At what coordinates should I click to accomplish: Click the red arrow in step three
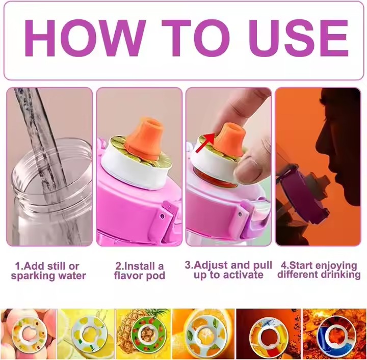[x=205, y=143]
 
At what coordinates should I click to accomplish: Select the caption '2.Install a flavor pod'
[x=140, y=271]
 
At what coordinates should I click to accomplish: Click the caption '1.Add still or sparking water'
[x=48, y=271]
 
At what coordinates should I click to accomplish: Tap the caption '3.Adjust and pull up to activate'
[x=228, y=270]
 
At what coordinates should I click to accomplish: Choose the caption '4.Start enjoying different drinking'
[x=319, y=270]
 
